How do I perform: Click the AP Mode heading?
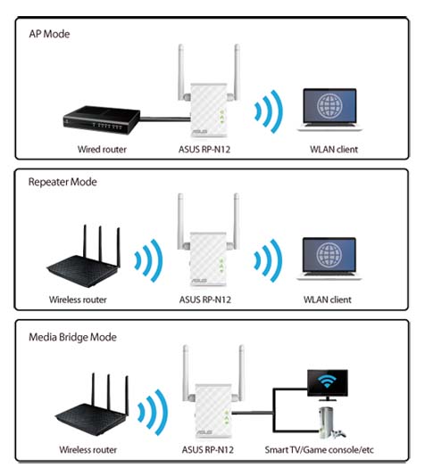pos(49,34)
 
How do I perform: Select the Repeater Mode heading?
pos(62,182)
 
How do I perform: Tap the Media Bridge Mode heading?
pos(72,337)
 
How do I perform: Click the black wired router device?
pos(102,119)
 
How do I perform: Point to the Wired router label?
pos(102,150)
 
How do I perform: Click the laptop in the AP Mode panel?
pos(329,110)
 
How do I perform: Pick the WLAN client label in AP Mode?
pos(334,150)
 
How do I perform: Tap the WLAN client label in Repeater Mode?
pos(328,300)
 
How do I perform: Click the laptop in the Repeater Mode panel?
pos(329,259)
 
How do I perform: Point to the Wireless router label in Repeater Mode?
pos(78,300)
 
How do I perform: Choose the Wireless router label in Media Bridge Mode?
pos(88,449)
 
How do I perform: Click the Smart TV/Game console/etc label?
pos(320,449)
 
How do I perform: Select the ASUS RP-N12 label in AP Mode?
pos(204,150)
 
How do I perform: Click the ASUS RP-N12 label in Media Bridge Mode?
pos(208,449)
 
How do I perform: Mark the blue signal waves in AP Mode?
pos(269,111)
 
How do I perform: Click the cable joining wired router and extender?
pos(165,119)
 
